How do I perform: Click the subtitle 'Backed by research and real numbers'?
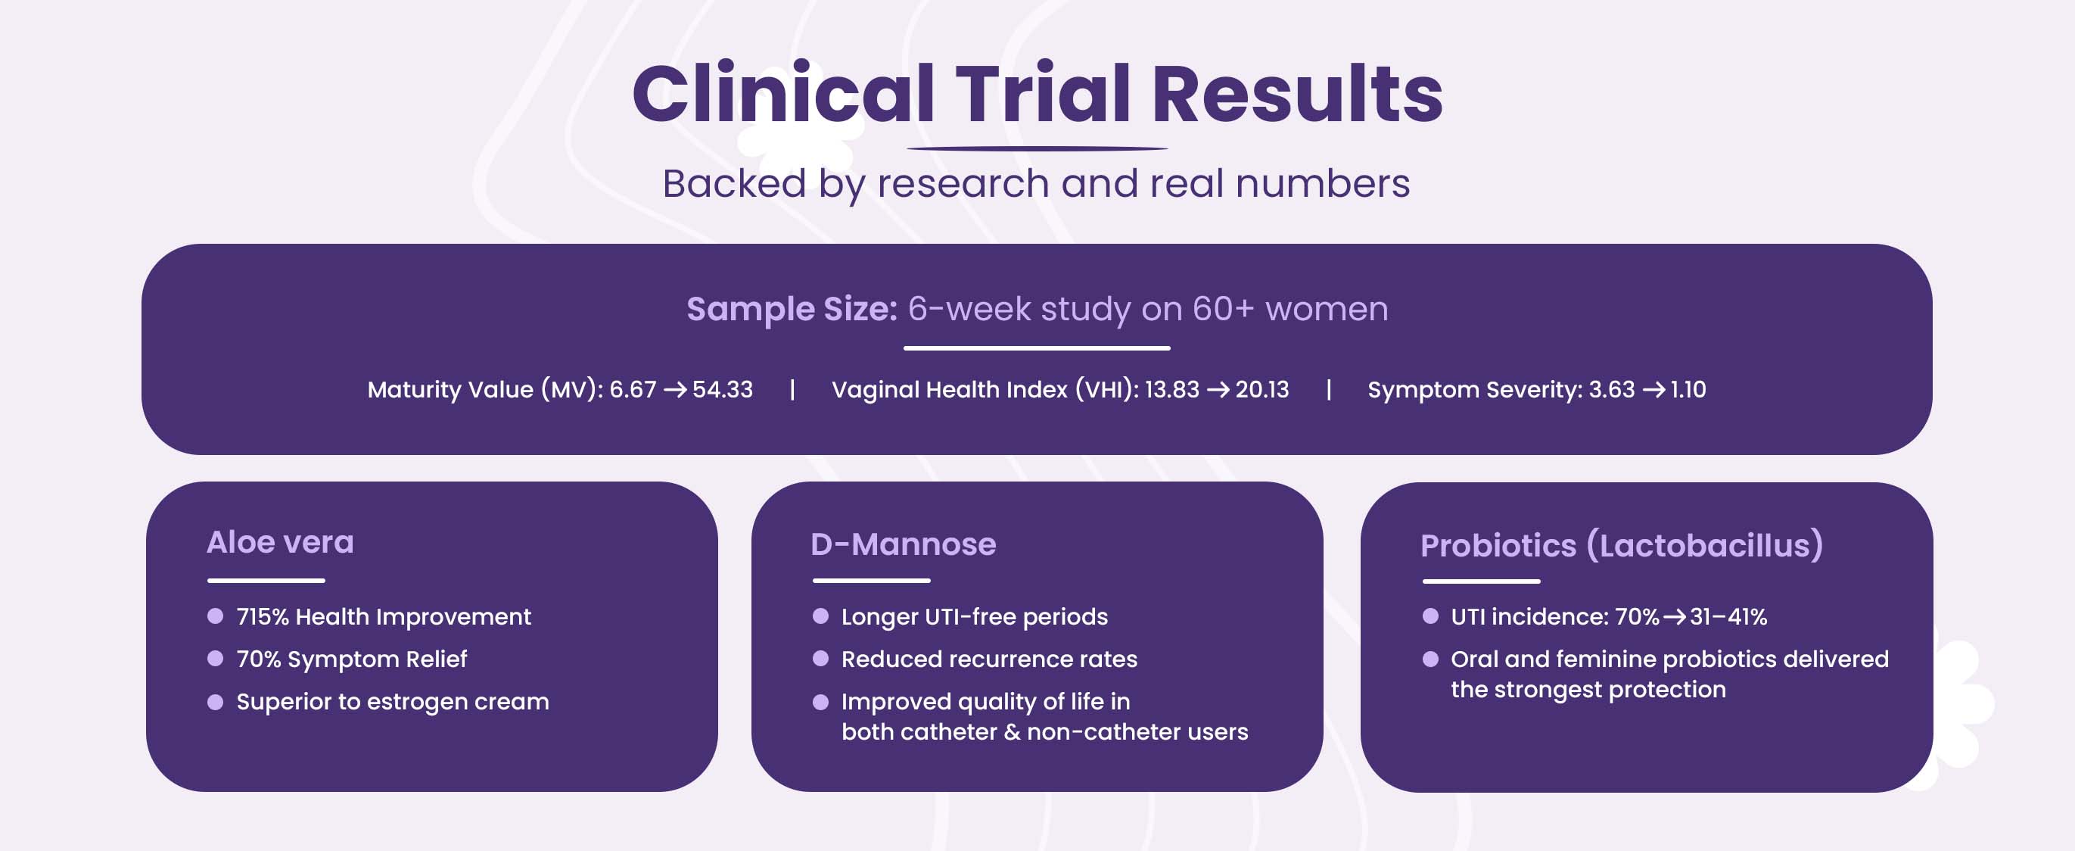1036,184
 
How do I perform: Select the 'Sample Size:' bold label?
792,309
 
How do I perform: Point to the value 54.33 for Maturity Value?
723,389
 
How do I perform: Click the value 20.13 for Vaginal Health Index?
1262,389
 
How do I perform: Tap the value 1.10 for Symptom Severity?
1688,389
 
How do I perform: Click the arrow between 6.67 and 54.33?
675,390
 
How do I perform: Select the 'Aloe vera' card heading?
280,542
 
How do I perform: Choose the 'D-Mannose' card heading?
904,544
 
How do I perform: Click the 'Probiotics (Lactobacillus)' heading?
1622,546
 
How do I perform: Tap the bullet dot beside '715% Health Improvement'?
215,616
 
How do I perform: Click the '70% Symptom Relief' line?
351,659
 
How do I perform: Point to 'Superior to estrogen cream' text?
392,702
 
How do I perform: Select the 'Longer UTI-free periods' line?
975,616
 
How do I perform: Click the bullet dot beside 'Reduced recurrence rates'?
821,659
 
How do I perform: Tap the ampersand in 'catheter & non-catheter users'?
1013,731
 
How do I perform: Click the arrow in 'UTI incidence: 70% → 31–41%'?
1675,617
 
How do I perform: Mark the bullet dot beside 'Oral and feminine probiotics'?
1430,659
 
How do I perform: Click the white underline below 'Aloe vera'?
266,580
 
